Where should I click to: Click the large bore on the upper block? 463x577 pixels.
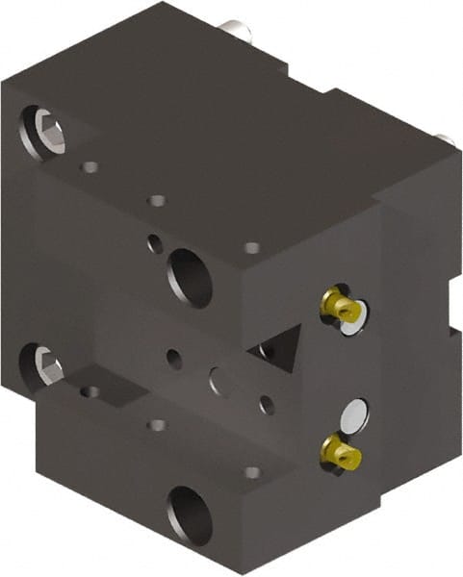point(190,278)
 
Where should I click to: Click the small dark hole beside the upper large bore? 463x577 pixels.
point(154,243)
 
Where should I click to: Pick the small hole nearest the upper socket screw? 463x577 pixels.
point(90,167)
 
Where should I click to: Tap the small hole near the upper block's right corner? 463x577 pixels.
point(251,248)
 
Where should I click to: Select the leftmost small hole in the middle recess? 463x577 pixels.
point(173,359)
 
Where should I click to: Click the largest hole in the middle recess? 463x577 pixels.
point(220,380)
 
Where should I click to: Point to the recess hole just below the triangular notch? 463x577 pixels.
point(267,405)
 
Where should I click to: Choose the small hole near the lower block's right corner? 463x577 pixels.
point(251,472)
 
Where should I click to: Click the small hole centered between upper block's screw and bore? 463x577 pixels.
point(156,202)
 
